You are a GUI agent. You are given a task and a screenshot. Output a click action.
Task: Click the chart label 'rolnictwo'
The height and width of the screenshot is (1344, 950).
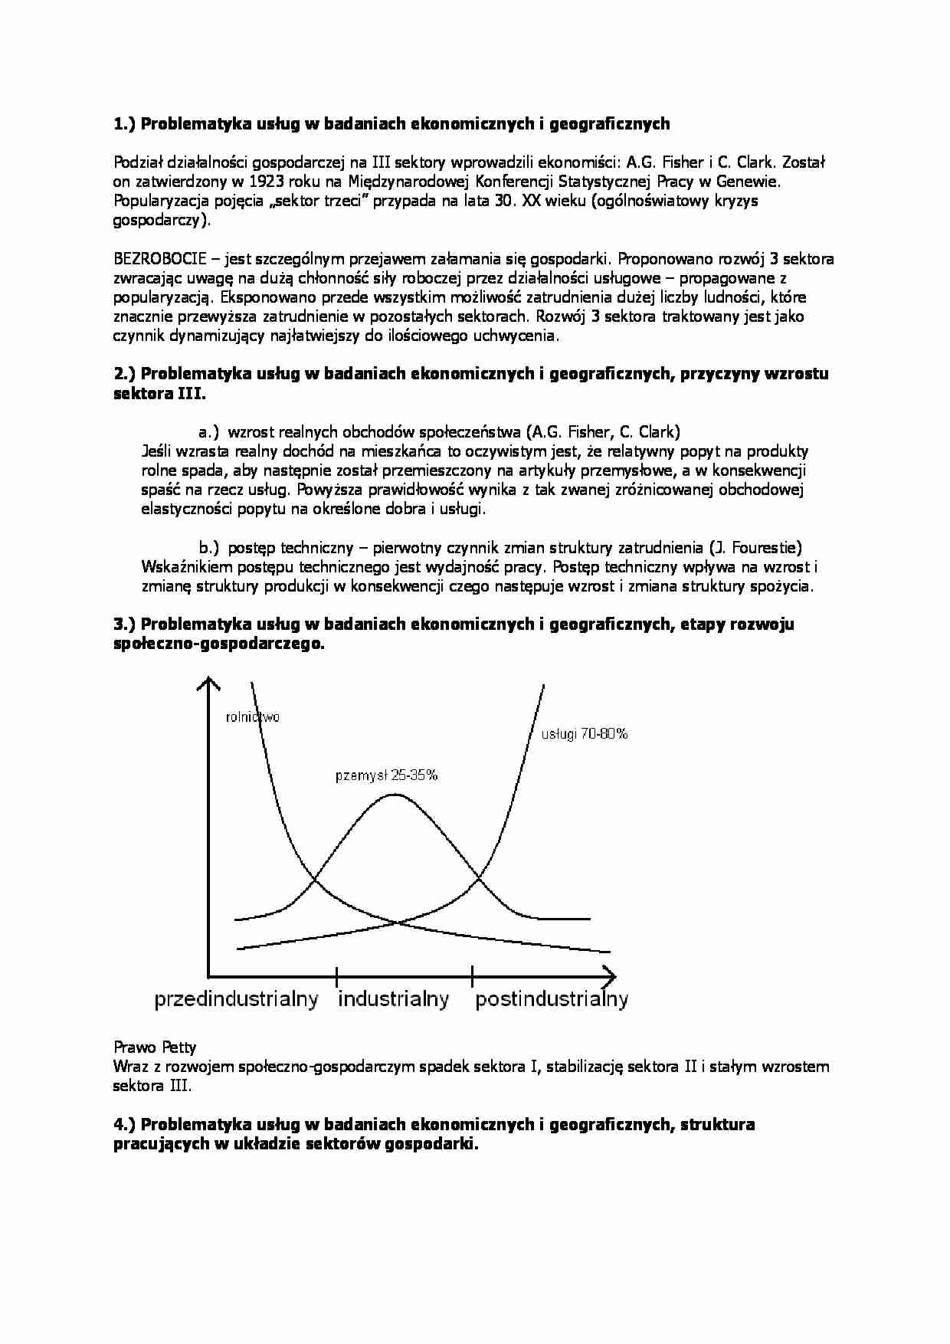pyautogui.click(x=252, y=717)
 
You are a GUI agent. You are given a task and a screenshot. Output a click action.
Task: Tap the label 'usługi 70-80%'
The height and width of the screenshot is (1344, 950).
pyautogui.click(x=585, y=733)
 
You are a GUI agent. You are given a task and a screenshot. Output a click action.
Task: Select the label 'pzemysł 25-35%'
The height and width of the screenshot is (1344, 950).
pyautogui.click(x=386, y=775)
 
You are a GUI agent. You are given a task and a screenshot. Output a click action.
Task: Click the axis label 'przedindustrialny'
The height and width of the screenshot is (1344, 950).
pyautogui.click(x=236, y=999)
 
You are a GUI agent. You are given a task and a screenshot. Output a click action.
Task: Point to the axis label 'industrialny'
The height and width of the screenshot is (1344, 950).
pyautogui.click(x=393, y=999)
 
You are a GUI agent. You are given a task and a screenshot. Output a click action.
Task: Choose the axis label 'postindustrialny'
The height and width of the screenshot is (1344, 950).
pyautogui.click(x=552, y=999)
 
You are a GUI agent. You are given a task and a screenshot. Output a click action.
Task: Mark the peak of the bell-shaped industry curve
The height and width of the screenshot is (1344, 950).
pyautogui.click(x=394, y=795)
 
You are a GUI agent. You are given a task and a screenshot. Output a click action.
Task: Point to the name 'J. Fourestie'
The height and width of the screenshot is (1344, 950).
pyautogui.click(x=754, y=547)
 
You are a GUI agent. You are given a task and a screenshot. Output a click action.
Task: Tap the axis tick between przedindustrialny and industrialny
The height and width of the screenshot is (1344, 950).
pyautogui.click(x=336, y=976)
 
